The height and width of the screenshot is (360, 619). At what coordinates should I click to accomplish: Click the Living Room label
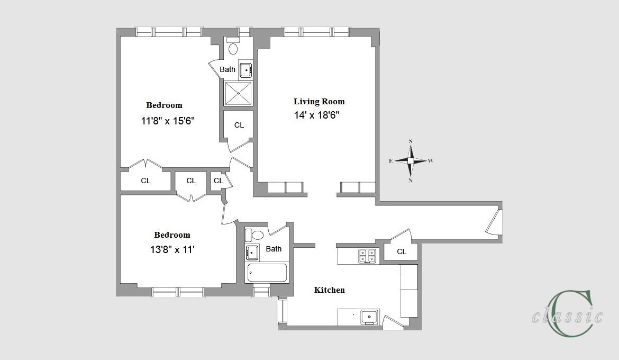pyautogui.click(x=319, y=102)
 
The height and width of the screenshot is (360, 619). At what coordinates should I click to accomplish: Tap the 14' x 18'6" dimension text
pyautogui.click(x=316, y=115)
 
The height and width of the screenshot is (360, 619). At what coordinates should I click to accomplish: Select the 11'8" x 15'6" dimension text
pyautogui.click(x=168, y=121)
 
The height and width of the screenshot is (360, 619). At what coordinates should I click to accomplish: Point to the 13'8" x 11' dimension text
pyautogui.click(x=172, y=250)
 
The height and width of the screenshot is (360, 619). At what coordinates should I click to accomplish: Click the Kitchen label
pyautogui.click(x=329, y=290)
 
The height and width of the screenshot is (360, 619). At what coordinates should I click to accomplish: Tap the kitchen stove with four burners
pyautogui.click(x=367, y=256)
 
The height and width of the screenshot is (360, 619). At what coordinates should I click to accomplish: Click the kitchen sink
pyautogui.click(x=369, y=317)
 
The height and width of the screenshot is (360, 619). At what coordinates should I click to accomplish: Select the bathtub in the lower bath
pyautogui.click(x=267, y=273)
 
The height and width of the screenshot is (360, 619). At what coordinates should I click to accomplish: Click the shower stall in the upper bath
pyautogui.click(x=238, y=93)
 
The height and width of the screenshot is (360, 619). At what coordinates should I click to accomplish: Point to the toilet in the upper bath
pyautogui.click(x=233, y=46)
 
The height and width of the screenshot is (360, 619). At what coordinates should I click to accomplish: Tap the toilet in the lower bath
pyautogui.click(x=254, y=235)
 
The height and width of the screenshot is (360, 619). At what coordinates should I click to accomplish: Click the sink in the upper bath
pyautogui.click(x=245, y=70)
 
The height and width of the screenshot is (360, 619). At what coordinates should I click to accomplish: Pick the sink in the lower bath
pyautogui.click(x=252, y=252)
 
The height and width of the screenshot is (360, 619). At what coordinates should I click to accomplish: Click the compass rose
pyautogui.click(x=411, y=160)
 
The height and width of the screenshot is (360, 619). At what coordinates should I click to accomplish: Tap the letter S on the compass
pyautogui.click(x=411, y=141)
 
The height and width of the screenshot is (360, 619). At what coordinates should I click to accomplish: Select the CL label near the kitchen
pyautogui.click(x=402, y=251)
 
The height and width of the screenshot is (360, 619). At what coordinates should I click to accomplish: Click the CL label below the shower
pyautogui.click(x=239, y=125)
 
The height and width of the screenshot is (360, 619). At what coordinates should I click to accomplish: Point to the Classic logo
pyautogui.click(x=568, y=313)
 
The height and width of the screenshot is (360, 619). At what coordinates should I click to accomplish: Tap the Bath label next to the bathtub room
pyautogui.click(x=274, y=249)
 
